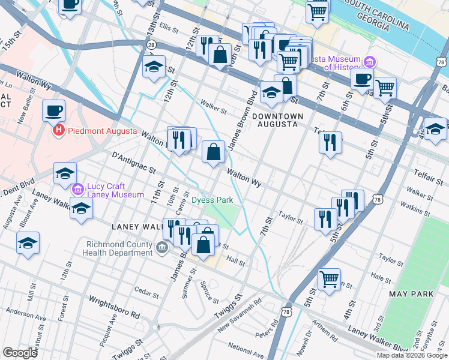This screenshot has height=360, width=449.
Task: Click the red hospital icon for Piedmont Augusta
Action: [59, 130]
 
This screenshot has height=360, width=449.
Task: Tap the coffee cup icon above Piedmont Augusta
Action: [53, 110]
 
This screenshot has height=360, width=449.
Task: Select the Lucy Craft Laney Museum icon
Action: [77, 190]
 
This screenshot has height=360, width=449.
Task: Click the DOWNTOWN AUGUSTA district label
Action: [275, 119]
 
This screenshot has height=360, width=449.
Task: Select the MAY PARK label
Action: [411, 294]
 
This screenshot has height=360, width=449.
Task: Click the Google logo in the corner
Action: [20, 353]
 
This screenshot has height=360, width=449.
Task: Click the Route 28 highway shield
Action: [152, 44]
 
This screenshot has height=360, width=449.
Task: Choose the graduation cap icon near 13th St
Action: [154, 68]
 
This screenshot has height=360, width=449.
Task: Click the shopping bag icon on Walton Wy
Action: [214, 152]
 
